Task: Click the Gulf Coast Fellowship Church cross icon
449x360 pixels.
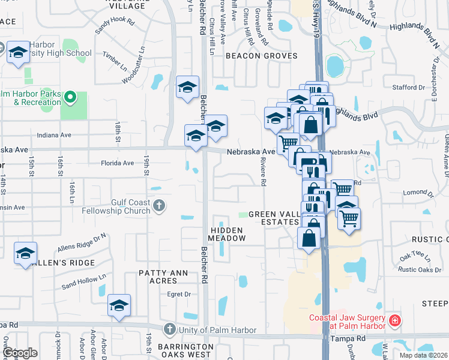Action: (159, 206)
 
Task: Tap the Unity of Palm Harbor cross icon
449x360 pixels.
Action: (170, 329)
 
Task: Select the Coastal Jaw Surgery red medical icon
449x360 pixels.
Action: (394, 321)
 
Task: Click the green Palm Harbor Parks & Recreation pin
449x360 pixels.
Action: (70, 97)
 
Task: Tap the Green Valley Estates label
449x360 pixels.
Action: (274, 218)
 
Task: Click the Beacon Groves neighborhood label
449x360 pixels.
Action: (261, 56)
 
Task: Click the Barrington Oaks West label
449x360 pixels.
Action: (185, 350)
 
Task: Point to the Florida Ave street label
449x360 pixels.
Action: (117, 163)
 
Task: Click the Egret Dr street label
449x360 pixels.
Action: (179, 294)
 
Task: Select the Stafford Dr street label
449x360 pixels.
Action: (408, 88)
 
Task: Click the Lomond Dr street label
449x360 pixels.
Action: (418, 193)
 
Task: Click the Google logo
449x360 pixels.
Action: (20, 353)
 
